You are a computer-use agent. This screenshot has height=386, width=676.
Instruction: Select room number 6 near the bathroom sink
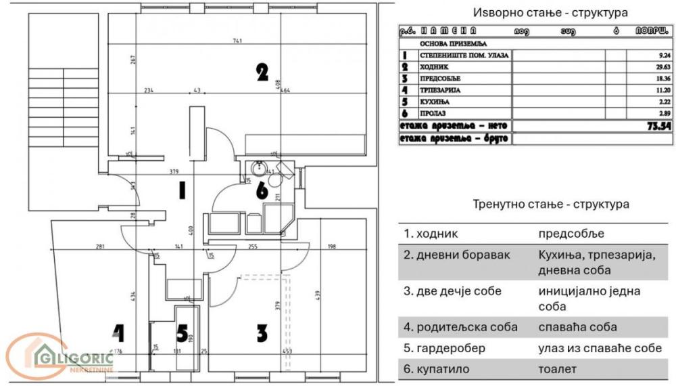click(262, 191)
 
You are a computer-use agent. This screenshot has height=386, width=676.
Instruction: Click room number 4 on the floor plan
click(119, 333)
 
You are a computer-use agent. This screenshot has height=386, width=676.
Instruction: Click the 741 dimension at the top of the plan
click(237, 42)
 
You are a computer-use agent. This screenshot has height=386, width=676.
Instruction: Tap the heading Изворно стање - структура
click(550, 13)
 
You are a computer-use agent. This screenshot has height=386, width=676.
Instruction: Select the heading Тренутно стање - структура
click(550, 204)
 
